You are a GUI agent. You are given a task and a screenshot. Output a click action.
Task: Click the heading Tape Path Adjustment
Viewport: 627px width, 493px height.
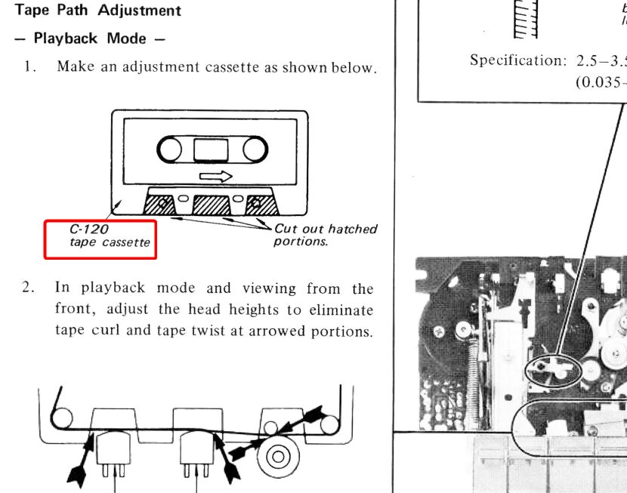[98, 11]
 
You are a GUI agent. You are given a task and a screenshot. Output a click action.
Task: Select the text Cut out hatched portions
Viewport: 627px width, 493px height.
[325, 235]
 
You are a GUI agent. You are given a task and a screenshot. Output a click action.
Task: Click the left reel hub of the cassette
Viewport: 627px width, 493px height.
[170, 150]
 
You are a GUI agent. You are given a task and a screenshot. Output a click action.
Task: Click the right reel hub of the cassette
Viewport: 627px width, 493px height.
[254, 150]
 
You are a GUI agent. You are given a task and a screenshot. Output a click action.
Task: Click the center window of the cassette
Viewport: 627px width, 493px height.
[212, 150]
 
